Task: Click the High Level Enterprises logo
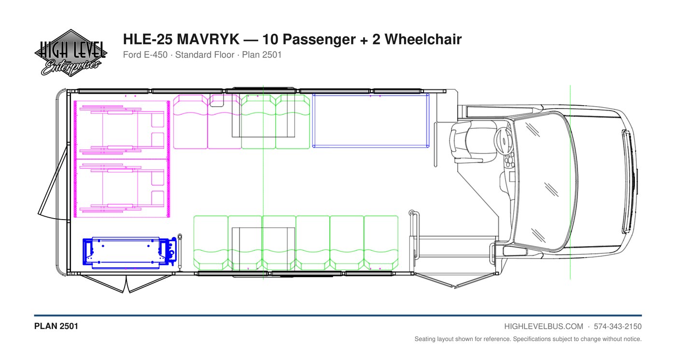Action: click(70, 53)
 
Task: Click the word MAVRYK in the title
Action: click(208, 39)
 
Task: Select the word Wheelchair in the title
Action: click(423, 39)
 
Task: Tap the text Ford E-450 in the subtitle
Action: click(145, 55)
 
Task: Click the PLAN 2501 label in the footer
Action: click(56, 326)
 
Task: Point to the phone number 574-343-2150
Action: click(618, 327)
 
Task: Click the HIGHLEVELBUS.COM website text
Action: click(544, 327)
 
